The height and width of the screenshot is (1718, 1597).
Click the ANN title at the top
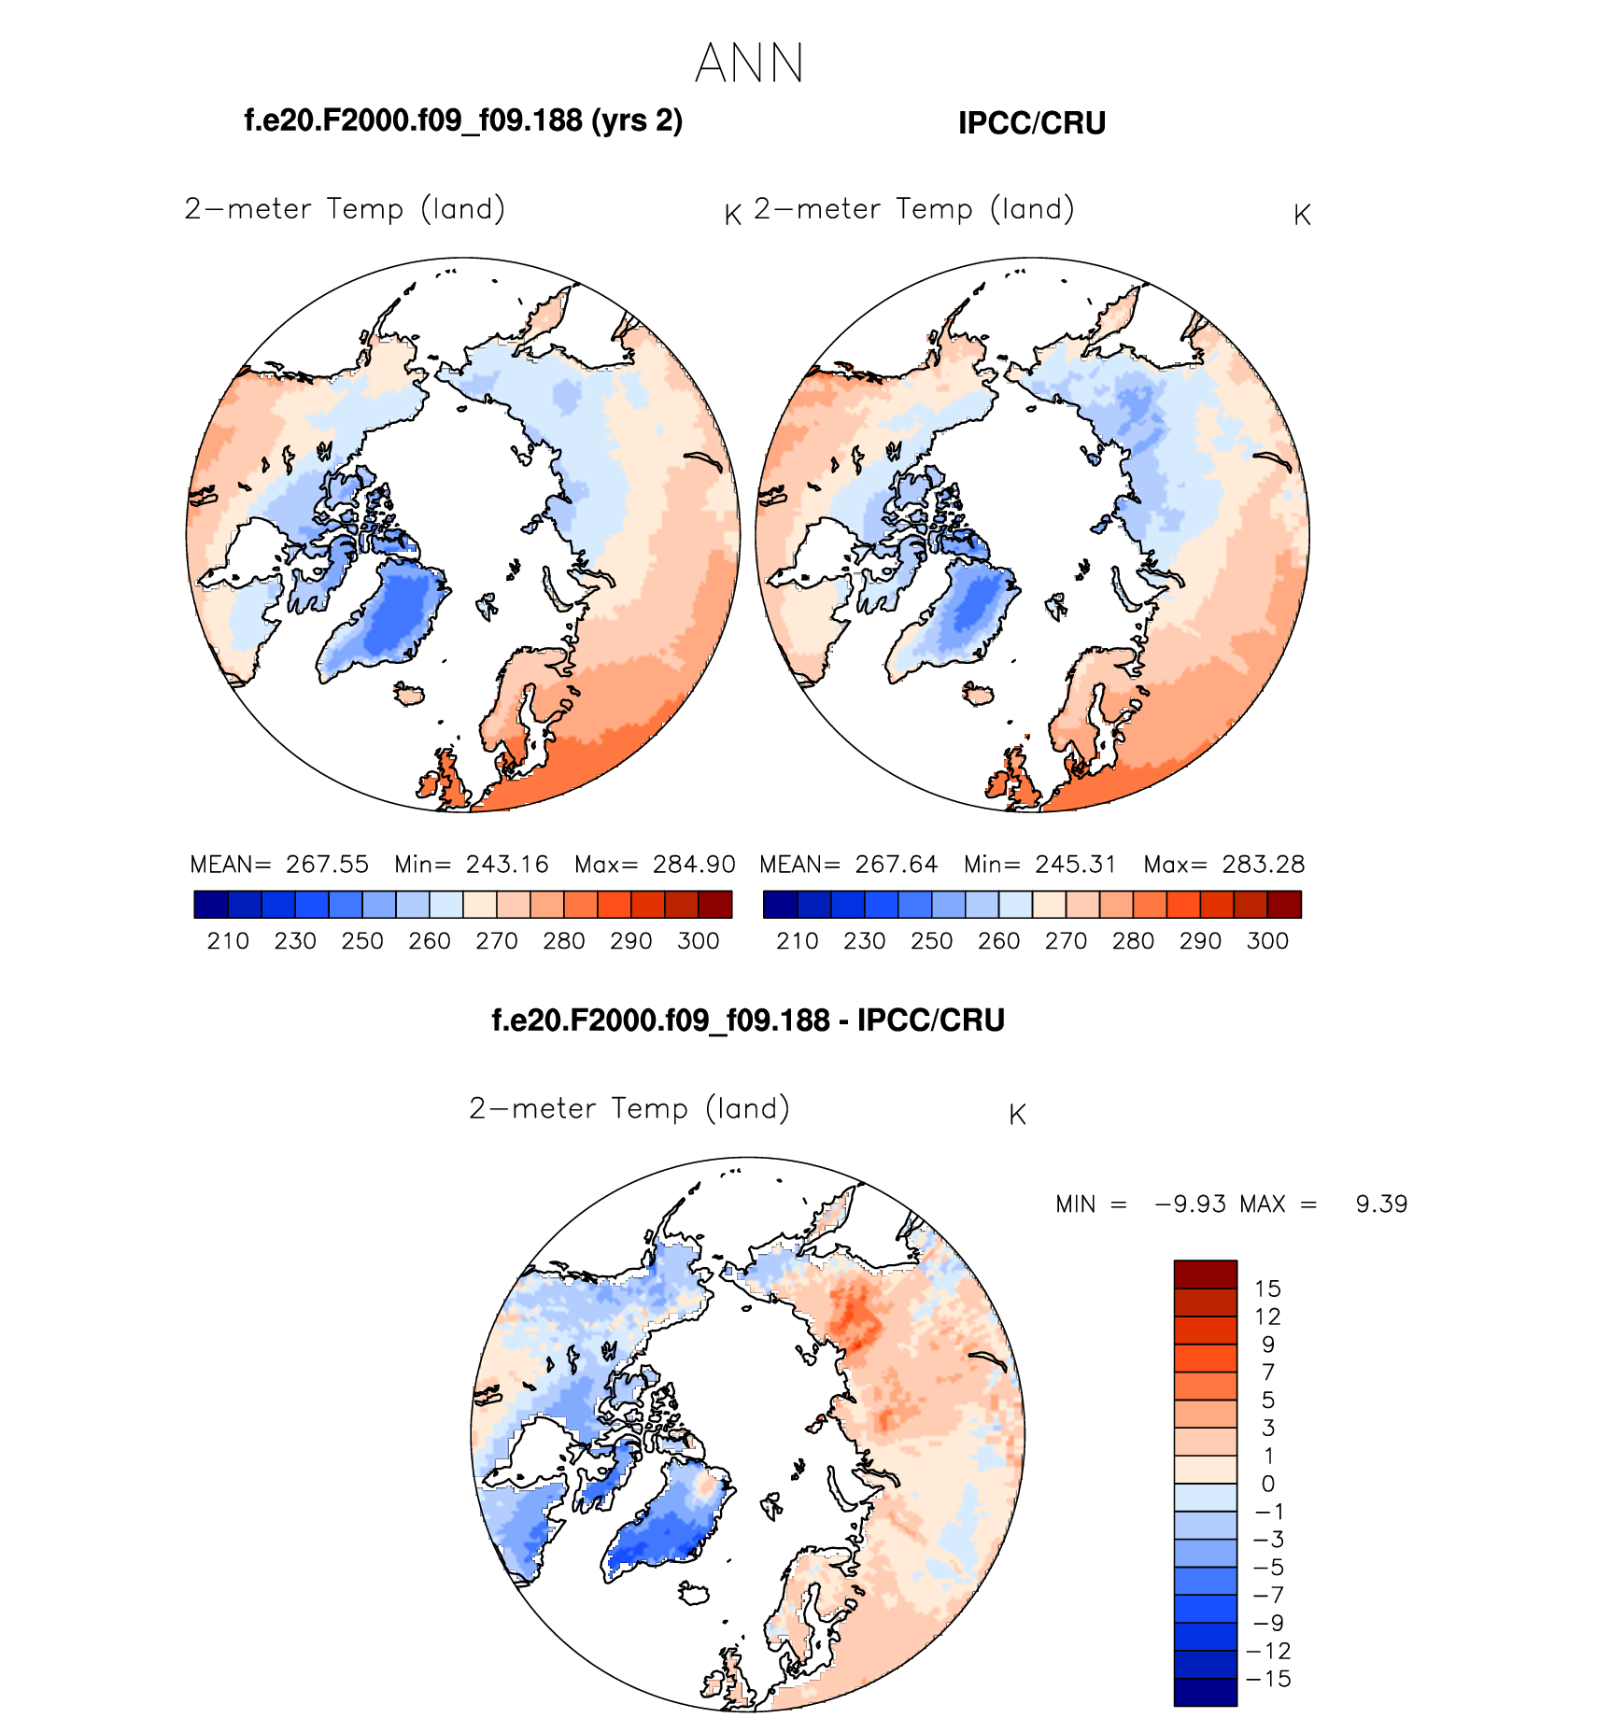(749, 63)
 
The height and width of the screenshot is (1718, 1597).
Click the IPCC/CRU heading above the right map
(1031, 123)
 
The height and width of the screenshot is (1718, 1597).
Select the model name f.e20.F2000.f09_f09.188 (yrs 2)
(463, 120)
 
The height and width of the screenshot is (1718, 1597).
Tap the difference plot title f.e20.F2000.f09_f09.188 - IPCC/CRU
(748, 1020)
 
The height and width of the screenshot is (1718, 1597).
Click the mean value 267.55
(327, 864)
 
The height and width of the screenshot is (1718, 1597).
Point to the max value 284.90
(694, 864)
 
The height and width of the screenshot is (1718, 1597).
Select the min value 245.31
(1076, 864)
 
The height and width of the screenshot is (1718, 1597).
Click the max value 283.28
(1263, 864)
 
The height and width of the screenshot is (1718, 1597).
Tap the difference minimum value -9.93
(1191, 1204)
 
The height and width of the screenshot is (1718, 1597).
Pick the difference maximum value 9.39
(1381, 1204)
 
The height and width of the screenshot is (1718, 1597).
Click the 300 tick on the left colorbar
(699, 940)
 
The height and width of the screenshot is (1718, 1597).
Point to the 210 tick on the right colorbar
(798, 940)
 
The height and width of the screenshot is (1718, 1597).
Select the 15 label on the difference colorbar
(1267, 1288)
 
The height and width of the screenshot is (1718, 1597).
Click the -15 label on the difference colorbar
(1268, 1678)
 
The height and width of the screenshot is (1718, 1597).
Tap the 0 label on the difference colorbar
(1267, 1483)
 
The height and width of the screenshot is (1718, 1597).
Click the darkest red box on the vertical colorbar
(1205, 1274)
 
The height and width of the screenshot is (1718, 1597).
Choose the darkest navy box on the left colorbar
(211, 904)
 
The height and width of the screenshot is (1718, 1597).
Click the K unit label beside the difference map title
(1018, 1115)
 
